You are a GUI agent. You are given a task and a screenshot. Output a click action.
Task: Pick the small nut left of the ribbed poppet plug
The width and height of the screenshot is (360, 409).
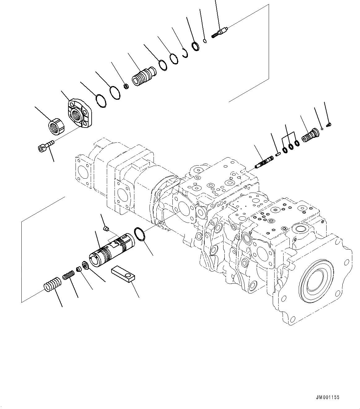click(126, 86)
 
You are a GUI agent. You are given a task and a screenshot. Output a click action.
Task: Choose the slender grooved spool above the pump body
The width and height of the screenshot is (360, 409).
click(264, 162)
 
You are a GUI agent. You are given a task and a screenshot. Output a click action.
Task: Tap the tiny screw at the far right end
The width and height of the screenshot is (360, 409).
click(329, 124)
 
